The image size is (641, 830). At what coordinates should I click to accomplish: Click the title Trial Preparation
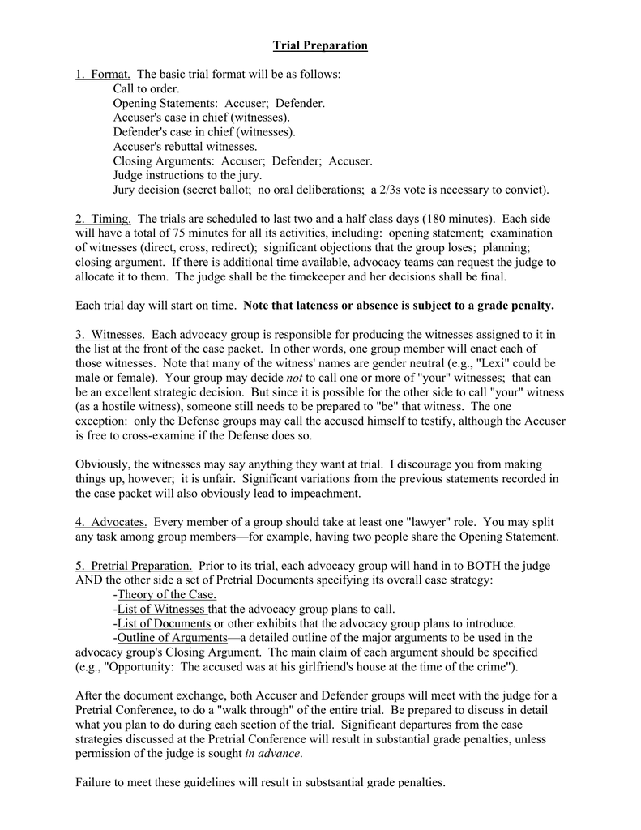tap(320, 45)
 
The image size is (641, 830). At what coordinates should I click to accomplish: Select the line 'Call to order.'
tap(147, 89)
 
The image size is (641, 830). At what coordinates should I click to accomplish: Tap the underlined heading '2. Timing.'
tap(104, 219)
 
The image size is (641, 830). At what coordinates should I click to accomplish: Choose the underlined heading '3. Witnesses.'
tap(110, 334)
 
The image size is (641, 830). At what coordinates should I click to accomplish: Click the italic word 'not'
tap(296, 378)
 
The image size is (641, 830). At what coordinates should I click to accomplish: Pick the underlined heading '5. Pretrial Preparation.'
tap(134, 565)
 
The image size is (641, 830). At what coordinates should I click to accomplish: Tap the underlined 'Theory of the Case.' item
tap(167, 594)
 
